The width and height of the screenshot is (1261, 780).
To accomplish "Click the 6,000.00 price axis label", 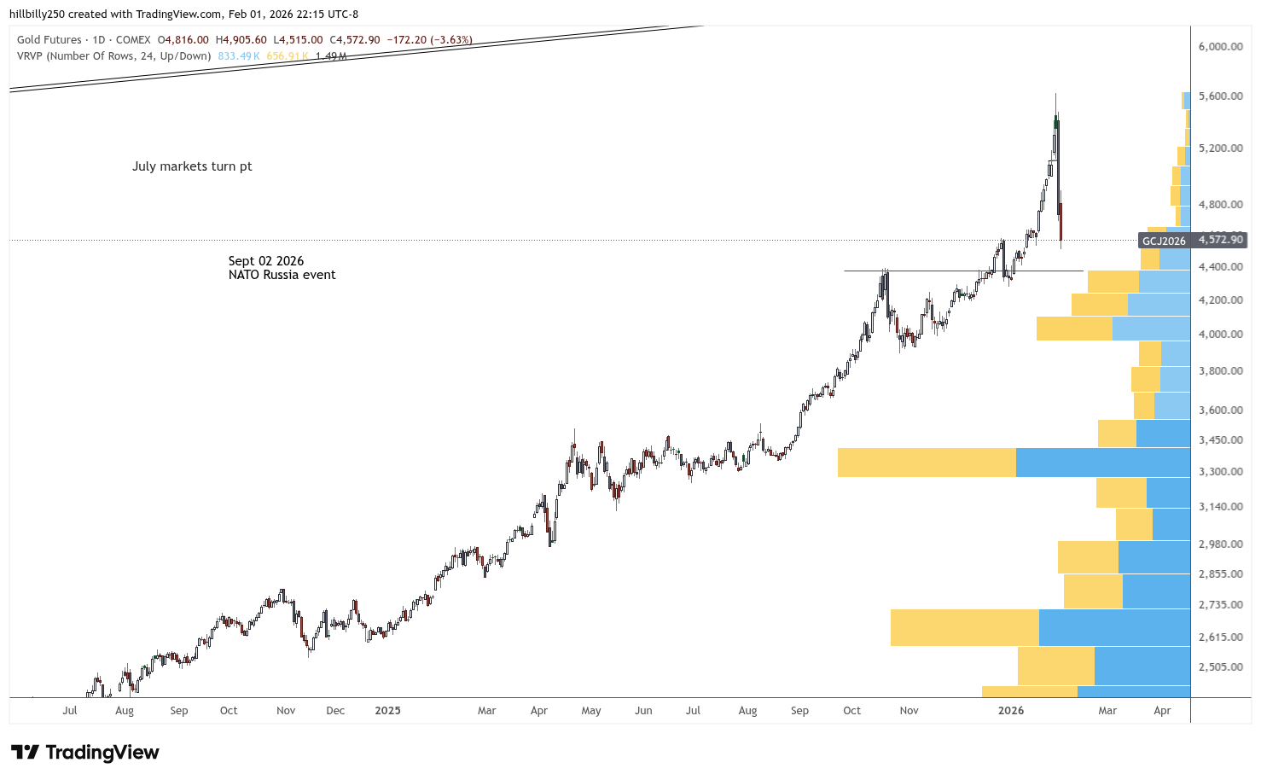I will tap(1220, 46).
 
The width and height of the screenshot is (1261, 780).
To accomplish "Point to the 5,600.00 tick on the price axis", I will tap(1220, 96).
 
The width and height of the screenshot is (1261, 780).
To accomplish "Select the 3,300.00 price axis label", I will tap(1220, 472).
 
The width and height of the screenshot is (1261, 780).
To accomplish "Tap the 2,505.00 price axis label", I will tap(1220, 667).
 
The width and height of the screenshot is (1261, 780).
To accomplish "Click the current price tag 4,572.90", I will tap(1221, 240).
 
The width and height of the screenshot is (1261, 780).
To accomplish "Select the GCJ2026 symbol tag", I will tap(1164, 241).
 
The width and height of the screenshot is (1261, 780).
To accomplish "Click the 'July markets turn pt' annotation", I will tap(192, 166).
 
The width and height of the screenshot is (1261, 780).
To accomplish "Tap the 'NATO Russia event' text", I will tap(282, 275).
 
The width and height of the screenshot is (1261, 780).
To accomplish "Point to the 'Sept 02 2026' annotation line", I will tap(265, 261).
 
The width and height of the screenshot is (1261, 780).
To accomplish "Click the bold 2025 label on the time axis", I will tap(387, 710).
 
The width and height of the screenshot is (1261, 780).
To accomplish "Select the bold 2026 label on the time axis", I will tap(1010, 710).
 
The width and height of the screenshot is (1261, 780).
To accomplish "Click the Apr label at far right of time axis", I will tap(1162, 710).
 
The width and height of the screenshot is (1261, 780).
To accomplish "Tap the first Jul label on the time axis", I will tap(70, 710).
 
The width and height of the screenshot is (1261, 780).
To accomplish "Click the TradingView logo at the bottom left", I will tap(84, 752).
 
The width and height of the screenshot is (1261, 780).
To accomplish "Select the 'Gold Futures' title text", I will tap(49, 40).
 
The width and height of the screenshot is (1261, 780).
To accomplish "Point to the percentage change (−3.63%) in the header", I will tap(452, 40).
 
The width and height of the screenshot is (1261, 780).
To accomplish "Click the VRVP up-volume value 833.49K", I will tap(238, 56).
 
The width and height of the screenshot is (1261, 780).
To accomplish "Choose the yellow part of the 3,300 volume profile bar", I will tap(927, 463).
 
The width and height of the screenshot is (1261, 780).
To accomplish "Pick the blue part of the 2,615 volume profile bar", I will tap(1113, 627).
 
